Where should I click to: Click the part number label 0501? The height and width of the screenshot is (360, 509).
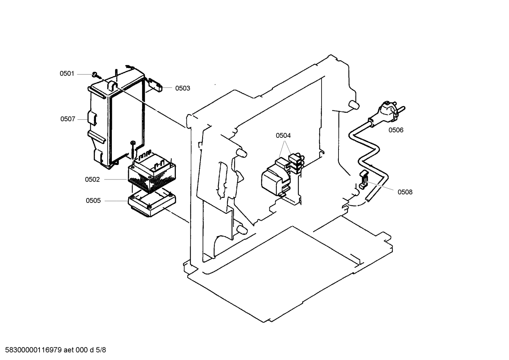[x=67, y=73]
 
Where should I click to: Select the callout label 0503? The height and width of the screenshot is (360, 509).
[x=182, y=88]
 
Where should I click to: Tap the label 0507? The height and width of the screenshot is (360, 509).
[x=67, y=119]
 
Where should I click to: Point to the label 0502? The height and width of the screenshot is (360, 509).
[x=92, y=179]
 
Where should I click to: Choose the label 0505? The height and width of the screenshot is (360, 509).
[x=93, y=201]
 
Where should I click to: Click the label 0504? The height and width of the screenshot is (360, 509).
[x=283, y=135]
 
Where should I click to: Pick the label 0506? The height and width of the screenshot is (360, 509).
[x=396, y=130]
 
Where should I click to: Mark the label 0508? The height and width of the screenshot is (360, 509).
[x=405, y=192]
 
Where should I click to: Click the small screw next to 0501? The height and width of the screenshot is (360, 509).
[x=95, y=74]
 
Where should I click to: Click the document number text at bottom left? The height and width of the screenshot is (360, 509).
[x=53, y=350]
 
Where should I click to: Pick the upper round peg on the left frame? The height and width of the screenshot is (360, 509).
[x=242, y=152]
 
